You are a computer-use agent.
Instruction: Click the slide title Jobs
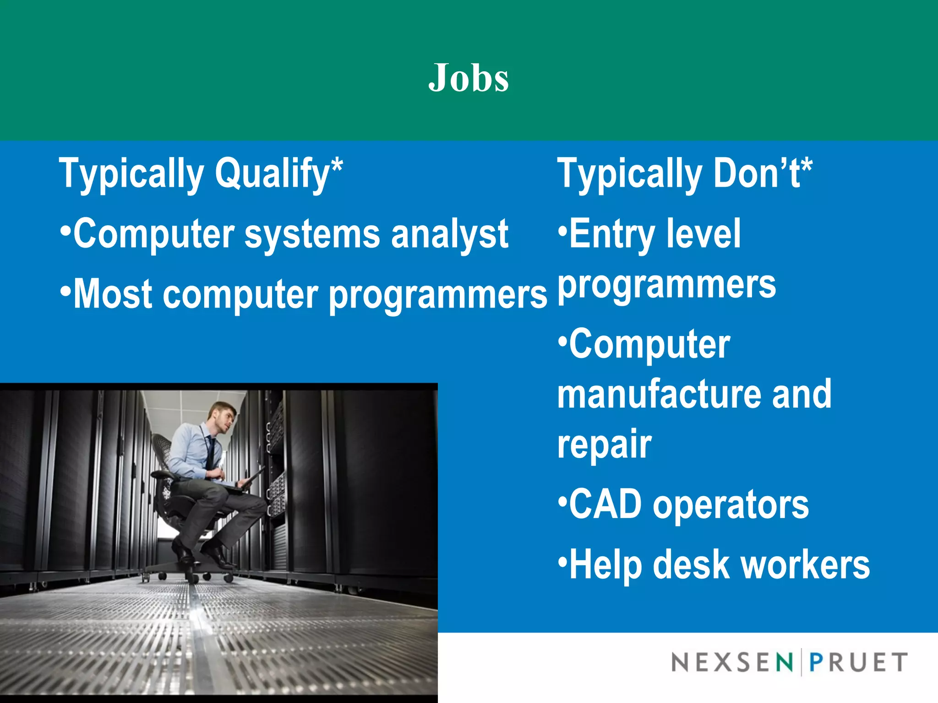(469, 78)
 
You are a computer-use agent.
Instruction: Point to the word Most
(113, 294)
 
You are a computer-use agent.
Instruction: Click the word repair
(604, 444)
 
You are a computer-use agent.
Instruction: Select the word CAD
(605, 504)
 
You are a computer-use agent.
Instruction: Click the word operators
(731, 505)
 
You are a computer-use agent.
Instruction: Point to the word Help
(605, 565)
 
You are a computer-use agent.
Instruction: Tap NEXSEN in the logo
(731, 662)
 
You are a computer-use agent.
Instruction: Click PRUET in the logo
(858, 662)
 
